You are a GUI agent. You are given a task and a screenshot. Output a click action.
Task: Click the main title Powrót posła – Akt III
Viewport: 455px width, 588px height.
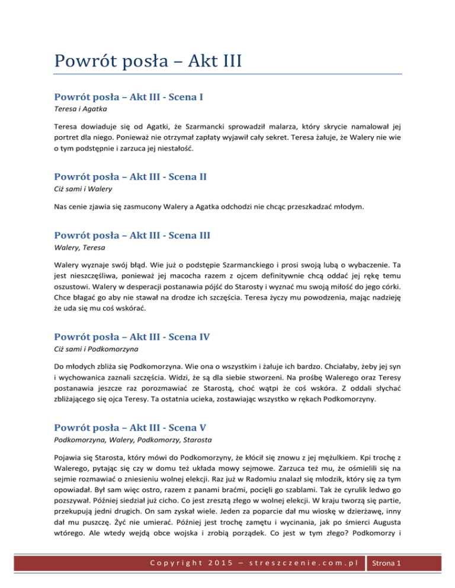[x=147, y=61]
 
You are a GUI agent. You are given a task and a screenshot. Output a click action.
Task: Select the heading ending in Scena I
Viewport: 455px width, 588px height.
[x=129, y=96]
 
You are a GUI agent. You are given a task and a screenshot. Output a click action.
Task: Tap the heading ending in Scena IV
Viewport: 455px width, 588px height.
[x=132, y=340]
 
